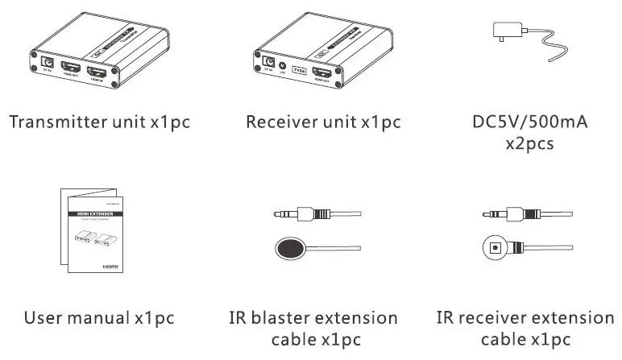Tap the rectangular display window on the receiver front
(301, 69)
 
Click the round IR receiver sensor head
(498, 246)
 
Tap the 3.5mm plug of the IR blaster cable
(293, 214)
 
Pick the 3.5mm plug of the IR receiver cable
(508, 214)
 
